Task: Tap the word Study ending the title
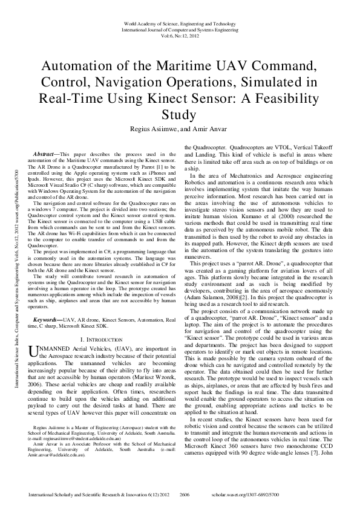(x=180, y=115)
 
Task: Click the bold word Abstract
(x=47, y=155)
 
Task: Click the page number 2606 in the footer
(x=186, y=494)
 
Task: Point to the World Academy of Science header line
(x=179, y=23)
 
